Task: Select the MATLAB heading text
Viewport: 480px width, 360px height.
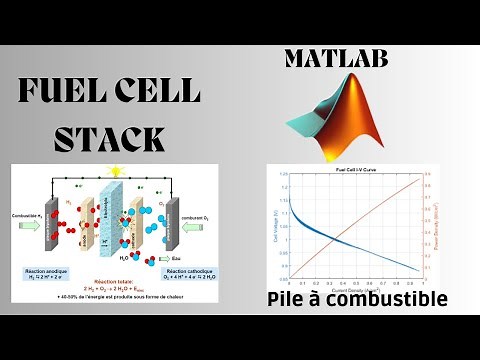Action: coord(335,59)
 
